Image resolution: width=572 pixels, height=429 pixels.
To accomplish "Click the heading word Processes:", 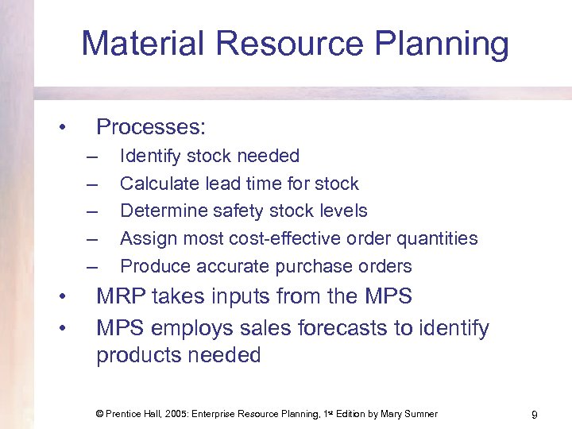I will coord(151,127).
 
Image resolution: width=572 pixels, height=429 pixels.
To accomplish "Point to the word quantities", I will coord(441,238).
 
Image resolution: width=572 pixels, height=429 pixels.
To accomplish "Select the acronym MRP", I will coord(122,297).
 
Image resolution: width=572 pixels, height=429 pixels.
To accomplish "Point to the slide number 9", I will coord(535,414).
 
